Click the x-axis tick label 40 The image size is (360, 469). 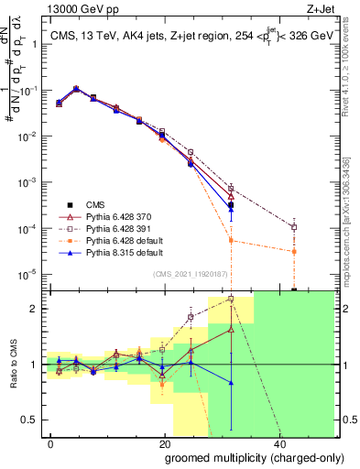278,442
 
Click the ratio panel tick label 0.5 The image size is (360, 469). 29,420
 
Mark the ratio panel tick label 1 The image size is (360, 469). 34,365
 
